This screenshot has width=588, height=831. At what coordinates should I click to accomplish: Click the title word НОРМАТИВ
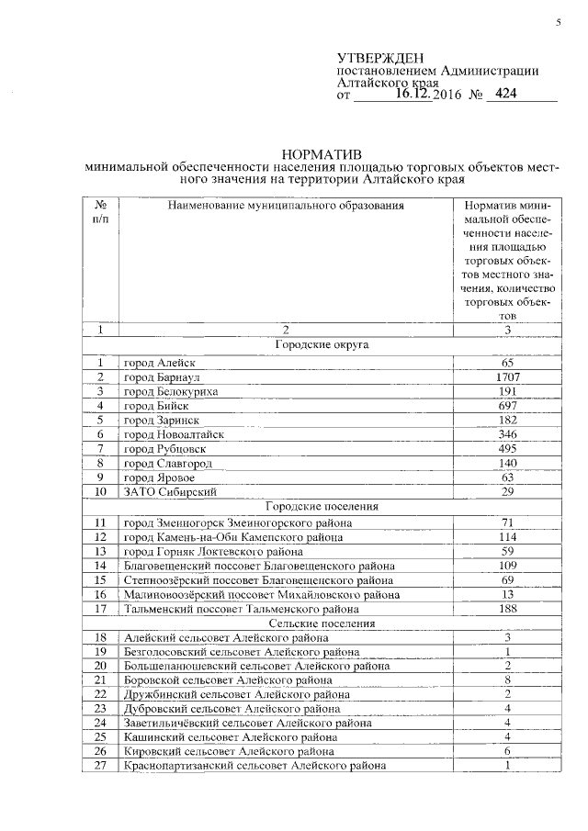(x=322, y=153)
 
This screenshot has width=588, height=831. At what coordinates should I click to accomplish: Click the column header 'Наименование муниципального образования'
(x=286, y=205)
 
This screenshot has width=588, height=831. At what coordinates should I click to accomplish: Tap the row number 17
(x=101, y=609)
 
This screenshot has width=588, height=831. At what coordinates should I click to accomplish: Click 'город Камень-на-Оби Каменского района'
(x=234, y=536)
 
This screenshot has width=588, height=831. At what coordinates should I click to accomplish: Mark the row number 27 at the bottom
(x=101, y=767)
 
